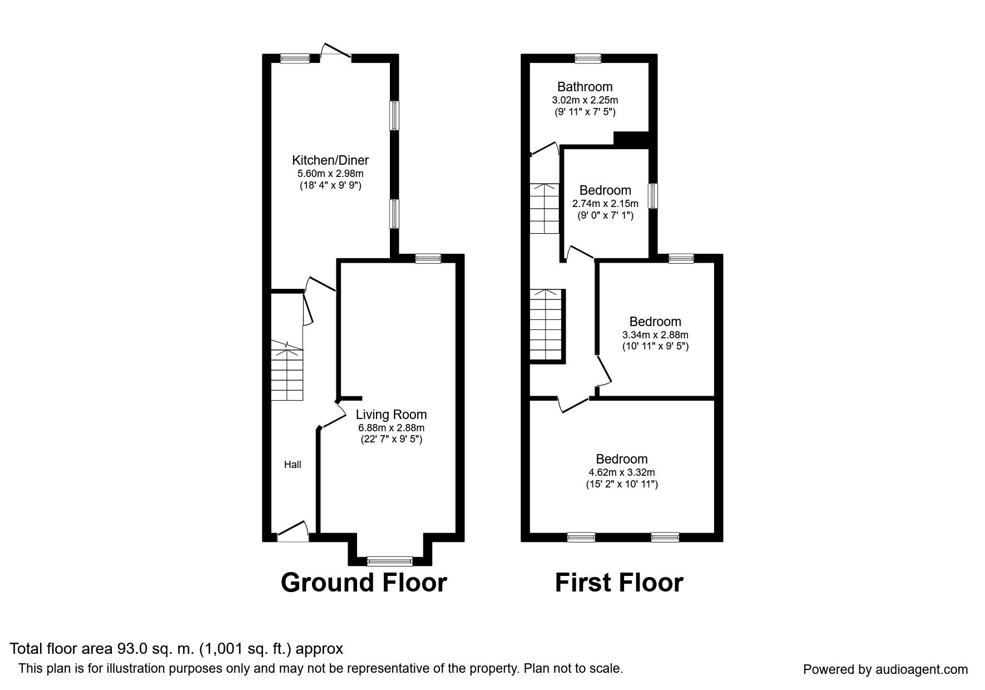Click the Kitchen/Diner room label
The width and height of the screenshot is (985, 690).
point(330,160)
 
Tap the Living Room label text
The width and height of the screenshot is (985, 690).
point(391,415)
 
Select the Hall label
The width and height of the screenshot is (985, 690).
point(293,465)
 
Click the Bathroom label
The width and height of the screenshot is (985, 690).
point(585,87)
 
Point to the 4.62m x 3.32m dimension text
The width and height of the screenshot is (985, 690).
point(621,472)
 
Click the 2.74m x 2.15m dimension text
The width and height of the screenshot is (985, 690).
point(605,204)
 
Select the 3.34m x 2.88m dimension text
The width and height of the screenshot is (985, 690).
point(655,335)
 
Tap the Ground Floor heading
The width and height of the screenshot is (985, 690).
point(364,583)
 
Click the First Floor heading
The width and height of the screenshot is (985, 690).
point(618,583)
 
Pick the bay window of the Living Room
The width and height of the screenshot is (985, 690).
point(389,560)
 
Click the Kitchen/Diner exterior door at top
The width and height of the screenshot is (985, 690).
point(336,51)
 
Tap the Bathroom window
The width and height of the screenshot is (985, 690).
point(587,58)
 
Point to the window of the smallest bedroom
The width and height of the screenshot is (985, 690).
point(654,196)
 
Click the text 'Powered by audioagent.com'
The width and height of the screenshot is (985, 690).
point(885,669)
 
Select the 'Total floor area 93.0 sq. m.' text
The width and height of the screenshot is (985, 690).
point(176,648)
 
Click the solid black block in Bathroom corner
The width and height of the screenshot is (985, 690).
point(631,139)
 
